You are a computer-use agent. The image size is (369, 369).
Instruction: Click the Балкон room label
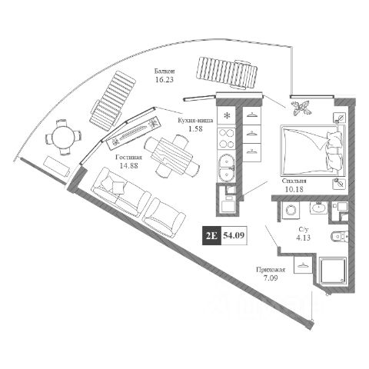[x=165, y=71]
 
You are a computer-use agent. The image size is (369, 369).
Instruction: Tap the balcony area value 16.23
[x=165, y=80]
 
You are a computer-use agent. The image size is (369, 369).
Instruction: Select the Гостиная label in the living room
[x=128, y=158]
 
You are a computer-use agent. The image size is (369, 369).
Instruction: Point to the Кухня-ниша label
[x=195, y=121]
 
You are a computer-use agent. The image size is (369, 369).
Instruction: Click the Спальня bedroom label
[x=294, y=181]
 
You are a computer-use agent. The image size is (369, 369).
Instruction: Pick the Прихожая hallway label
[x=271, y=270]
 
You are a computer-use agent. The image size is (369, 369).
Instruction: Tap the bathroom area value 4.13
[x=303, y=238]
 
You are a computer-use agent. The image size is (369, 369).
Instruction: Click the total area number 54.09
[x=234, y=235]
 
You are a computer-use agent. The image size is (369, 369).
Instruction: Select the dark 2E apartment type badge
[x=211, y=235]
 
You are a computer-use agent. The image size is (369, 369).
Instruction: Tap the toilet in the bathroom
[x=340, y=236]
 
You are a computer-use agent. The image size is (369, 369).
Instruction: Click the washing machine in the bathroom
[x=291, y=211]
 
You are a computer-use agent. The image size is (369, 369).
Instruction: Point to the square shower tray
[x=333, y=271]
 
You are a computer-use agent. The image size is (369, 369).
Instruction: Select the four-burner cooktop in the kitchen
[x=226, y=138]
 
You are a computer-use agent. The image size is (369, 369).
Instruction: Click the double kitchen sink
[x=226, y=168]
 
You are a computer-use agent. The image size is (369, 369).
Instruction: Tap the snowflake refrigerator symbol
[x=226, y=115]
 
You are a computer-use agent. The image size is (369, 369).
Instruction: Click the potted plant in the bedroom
[x=301, y=107]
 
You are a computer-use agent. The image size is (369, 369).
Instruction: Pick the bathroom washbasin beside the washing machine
[x=319, y=208]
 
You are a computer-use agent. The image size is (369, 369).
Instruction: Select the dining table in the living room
[x=172, y=155]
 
